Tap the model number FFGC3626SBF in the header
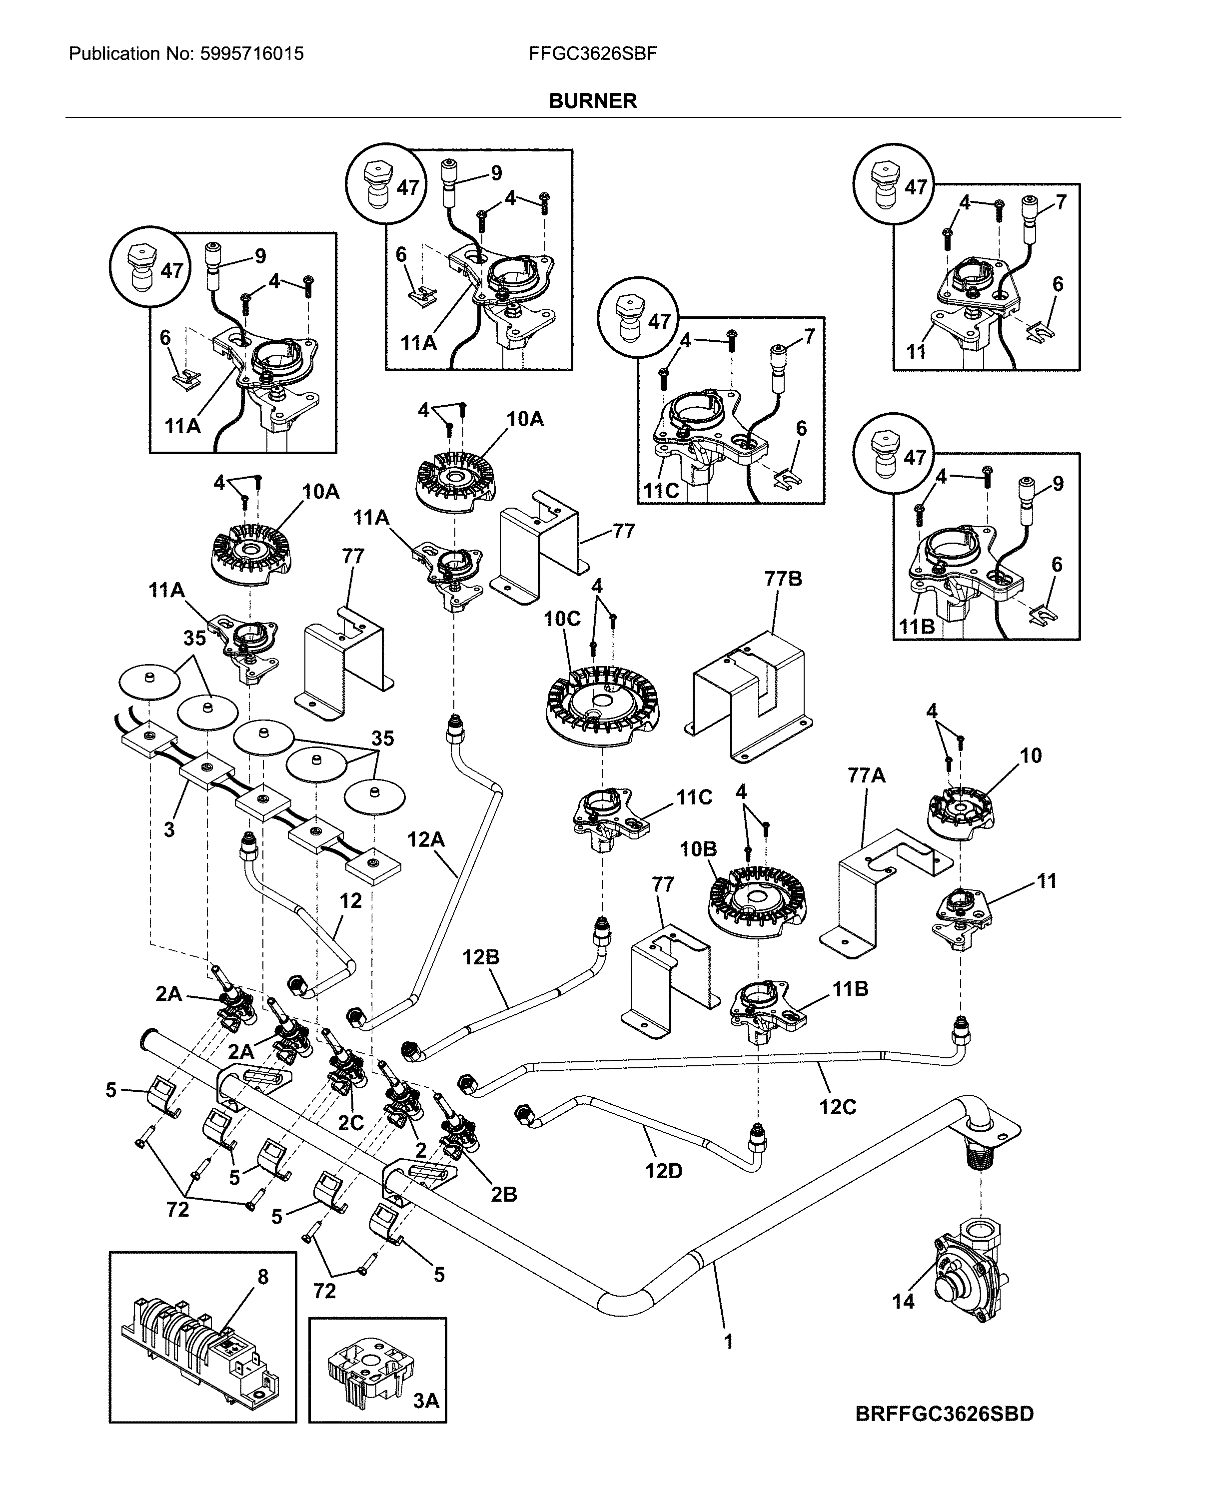click(593, 54)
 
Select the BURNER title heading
click(593, 101)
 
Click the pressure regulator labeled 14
click(969, 1279)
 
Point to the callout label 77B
click(783, 579)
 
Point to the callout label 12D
click(663, 1171)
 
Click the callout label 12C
click(837, 1107)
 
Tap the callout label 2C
click(351, 1122)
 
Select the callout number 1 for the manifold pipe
click(728, 1342)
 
